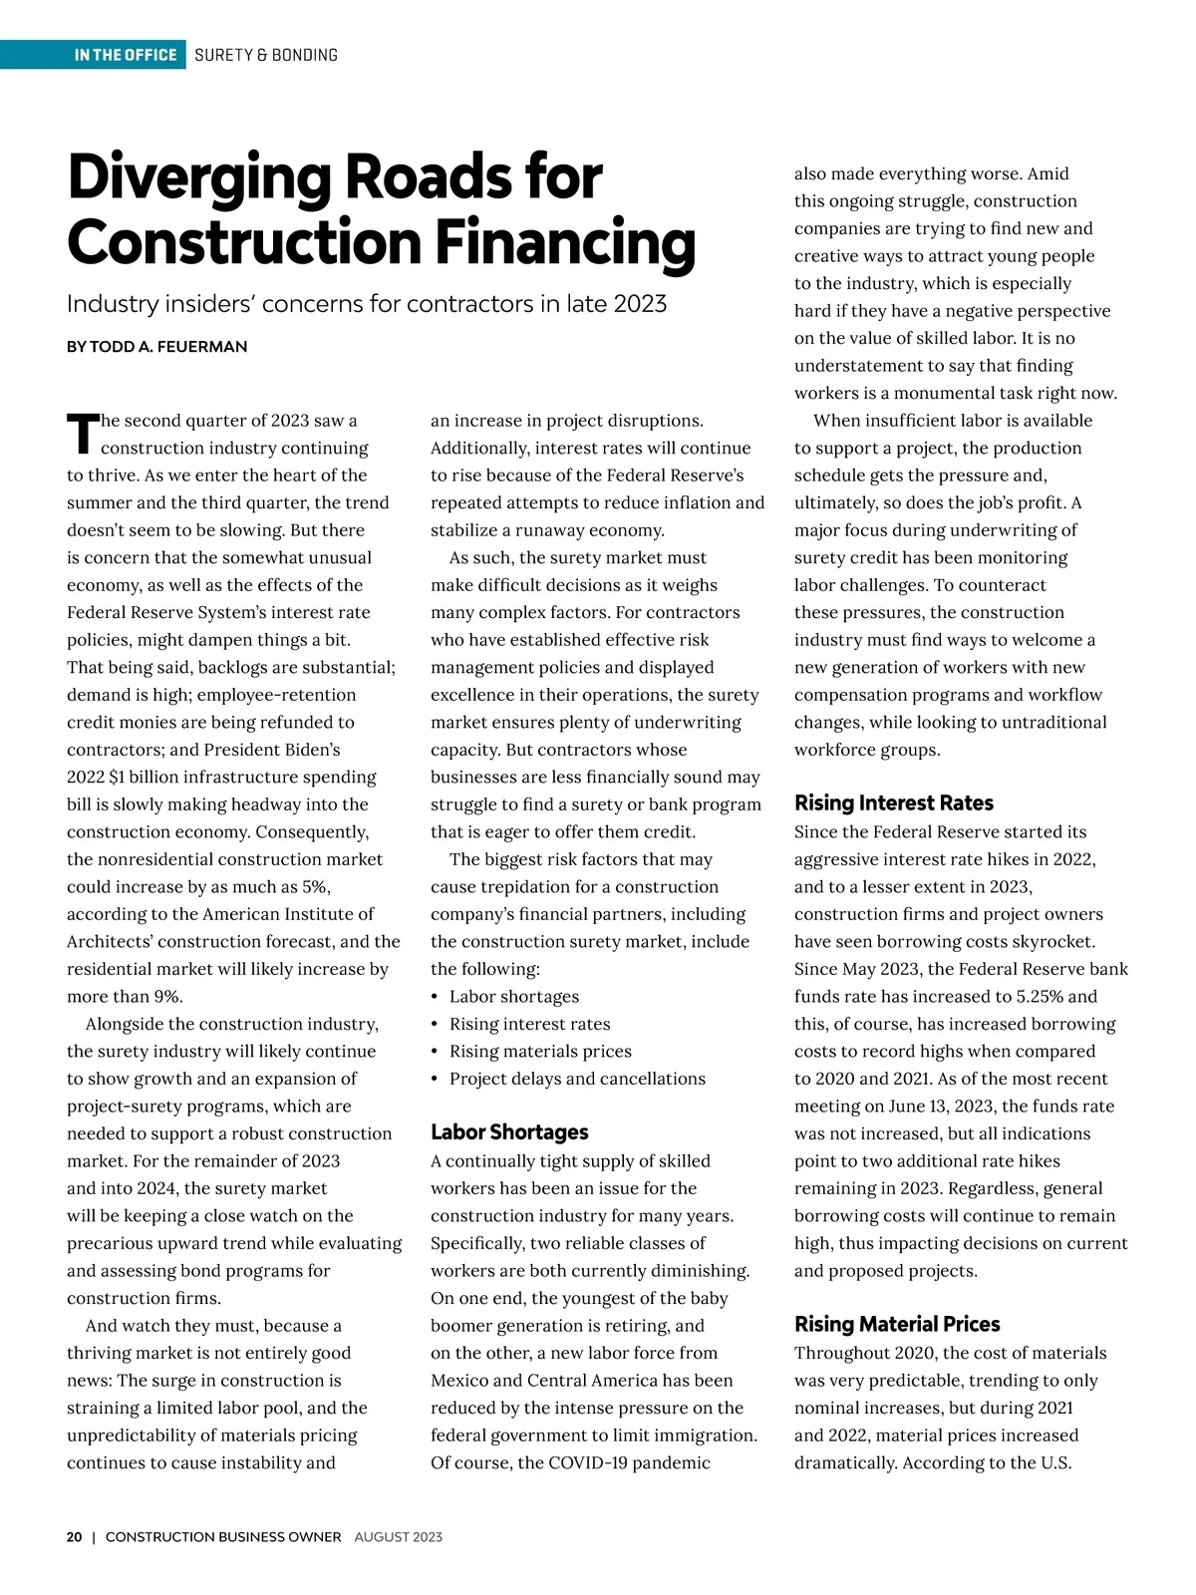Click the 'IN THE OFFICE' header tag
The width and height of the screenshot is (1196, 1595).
point(125,55)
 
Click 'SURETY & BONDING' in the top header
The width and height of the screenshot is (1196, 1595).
point(266,55)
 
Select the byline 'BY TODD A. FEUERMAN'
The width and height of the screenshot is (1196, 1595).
point(156,347)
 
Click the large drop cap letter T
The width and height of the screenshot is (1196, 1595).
point(82,433)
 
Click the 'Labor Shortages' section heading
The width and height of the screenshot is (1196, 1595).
point(509,1131)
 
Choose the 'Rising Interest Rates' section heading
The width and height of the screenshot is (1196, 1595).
point(893,802)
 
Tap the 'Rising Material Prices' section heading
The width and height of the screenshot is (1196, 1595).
point(897,1324)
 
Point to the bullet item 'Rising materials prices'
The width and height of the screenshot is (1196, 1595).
point(540,1051)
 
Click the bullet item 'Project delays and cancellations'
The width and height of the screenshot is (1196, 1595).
point(577,1079)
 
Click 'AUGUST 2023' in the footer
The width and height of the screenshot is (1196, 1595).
point(398,1537)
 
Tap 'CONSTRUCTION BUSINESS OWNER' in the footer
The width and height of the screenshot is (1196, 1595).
point(223,1537)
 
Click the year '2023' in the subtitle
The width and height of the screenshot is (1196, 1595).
point(640,303)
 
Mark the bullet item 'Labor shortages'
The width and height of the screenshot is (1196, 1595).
point(513,996)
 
